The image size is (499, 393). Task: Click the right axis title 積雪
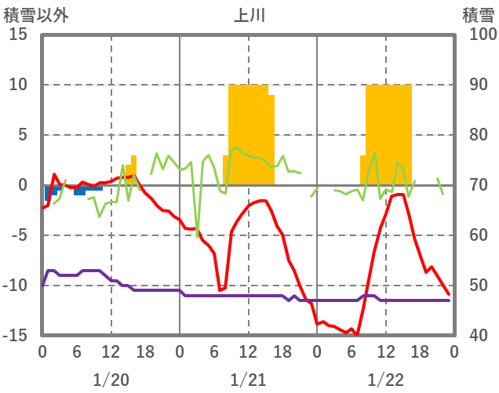[477, 15]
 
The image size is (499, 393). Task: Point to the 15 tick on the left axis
[18, 35]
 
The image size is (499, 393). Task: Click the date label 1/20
[111, 380]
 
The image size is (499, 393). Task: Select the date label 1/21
[248, 380]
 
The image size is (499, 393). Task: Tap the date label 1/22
[385, 380]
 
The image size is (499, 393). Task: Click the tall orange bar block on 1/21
[250, 133]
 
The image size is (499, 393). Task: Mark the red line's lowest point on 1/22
[357, 334]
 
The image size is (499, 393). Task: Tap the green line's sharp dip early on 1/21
[198, 236]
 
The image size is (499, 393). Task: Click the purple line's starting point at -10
[42, 285]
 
